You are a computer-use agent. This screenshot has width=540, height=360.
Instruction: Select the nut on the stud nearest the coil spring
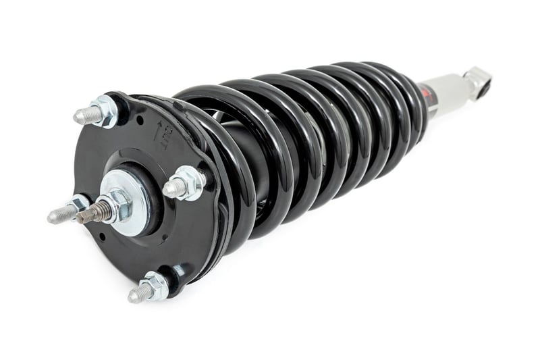190,182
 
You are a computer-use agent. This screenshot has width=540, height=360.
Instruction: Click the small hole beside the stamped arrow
138,121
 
